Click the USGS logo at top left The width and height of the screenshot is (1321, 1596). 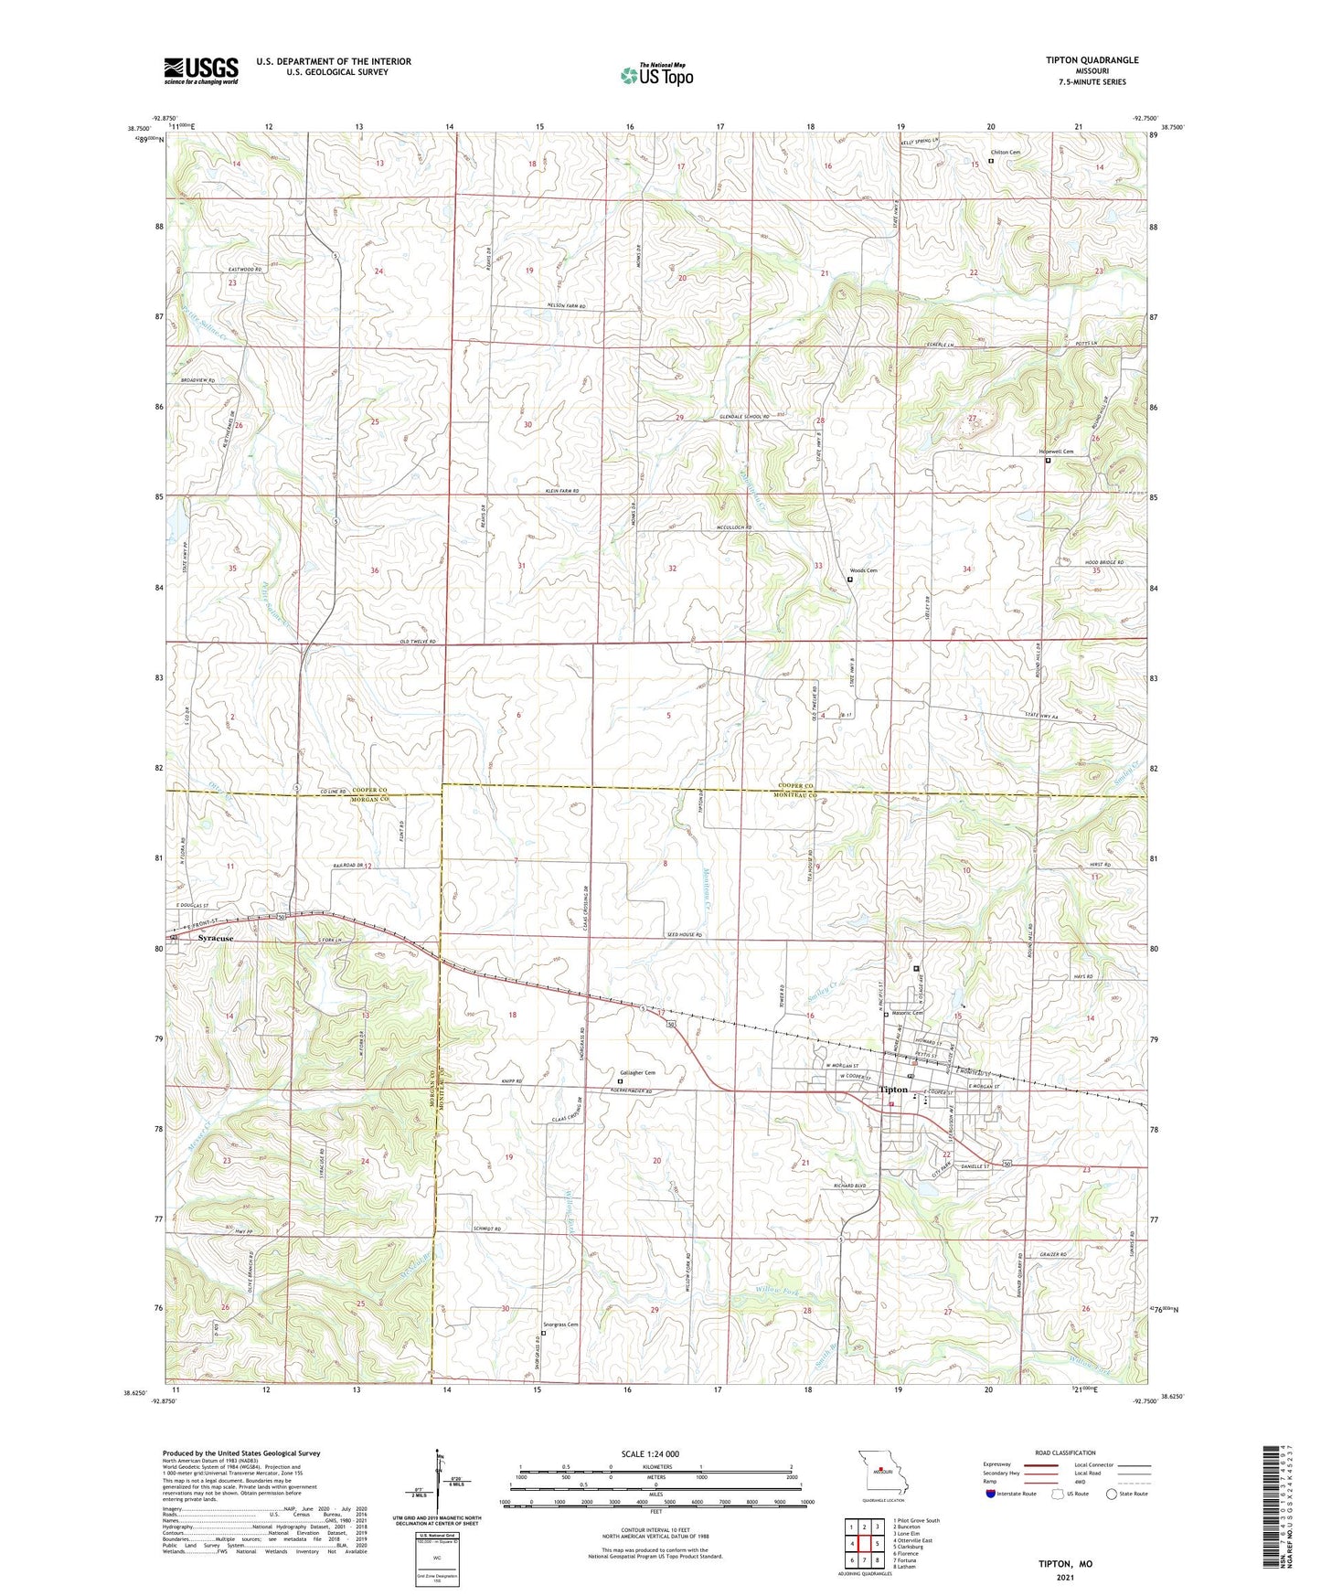[201, 69]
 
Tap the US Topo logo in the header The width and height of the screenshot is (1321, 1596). [656, 75]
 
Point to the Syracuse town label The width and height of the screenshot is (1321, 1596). [217, 939]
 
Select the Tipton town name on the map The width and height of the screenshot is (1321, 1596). [893, 1090]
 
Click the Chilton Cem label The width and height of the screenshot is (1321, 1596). [1004, 153]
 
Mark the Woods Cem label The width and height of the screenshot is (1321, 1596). [864, 571]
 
